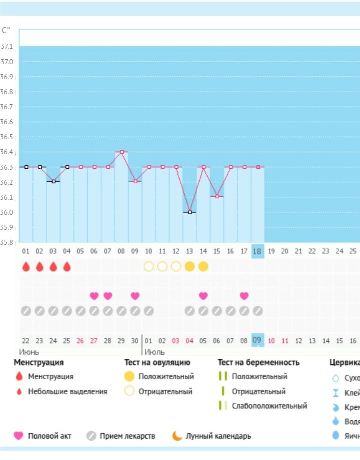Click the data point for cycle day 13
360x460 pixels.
tap(190, 212)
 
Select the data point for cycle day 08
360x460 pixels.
tap(121, 152)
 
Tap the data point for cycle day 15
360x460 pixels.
tap(217, 197)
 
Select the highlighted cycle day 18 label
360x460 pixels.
tap(257, 251)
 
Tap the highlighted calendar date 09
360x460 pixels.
tap(257, 341)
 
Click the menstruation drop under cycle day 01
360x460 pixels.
tap(26, 267)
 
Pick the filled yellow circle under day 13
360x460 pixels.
tap(190, 267)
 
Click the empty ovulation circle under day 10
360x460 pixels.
tap(148, 267)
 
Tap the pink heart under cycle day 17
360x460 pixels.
tap(244, 296)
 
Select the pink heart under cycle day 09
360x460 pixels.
tap(135, 296)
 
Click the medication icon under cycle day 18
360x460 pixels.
tap(257, 311)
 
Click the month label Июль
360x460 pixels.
tap(155, 352)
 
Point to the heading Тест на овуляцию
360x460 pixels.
tap(157, 362)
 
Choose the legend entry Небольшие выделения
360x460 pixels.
tap(67, 391)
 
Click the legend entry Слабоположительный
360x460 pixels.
tap(269, 406)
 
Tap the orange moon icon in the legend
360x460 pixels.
tap(177, 436)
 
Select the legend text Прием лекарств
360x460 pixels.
tap(127, 436)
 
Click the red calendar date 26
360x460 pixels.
tap(80, 341)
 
